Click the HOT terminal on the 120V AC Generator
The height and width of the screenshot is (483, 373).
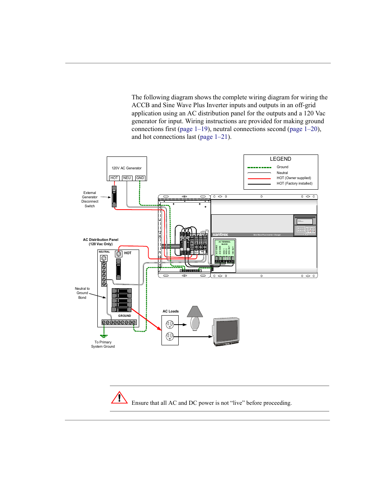click(114, 178)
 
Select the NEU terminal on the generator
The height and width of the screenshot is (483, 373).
click(127, 178)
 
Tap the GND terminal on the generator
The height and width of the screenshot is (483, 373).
click(140, 178)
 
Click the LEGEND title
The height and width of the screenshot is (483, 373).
click(280, 159)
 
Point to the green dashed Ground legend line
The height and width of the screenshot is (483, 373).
click(259, 167)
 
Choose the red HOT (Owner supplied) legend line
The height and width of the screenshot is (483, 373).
click(259, 178)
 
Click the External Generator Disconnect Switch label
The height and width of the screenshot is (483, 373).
click(90, 199)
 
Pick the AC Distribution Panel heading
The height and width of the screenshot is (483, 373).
click(100, 242)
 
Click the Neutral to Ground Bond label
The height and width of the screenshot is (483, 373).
click(82, 293)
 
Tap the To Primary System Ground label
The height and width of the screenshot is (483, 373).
click(103, 344)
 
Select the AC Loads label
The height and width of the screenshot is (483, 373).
click(170, 311)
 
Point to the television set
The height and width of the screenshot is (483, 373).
click(226, 332)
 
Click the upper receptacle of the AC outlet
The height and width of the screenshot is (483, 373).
click(170, 324)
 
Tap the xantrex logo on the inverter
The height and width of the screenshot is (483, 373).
click(221, 235)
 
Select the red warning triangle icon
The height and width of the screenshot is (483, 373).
click(119, 398)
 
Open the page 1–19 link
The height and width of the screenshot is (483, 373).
click(194, 129)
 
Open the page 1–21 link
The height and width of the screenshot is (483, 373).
click(214, 137)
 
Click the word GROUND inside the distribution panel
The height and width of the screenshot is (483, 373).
click(125, 316)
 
